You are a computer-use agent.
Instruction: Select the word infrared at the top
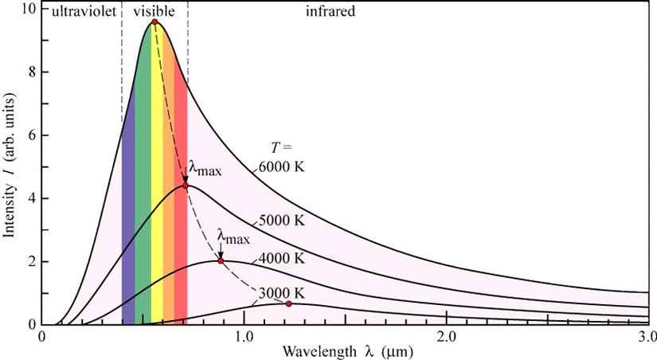pyautogui.click(x=330, y=12)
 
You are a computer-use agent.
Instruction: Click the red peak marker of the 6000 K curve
pyautogui.click(x=154, y=22)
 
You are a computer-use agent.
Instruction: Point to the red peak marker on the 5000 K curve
pyautogui.click(x=186, y=186)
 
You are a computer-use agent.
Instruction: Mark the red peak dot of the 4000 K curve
pyautogui.click(x=221, y=261)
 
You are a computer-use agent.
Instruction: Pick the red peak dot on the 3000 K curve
pyautogui.click(x=288, y=303)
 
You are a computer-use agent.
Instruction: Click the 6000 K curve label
pyautogui.click(x=282, y=168)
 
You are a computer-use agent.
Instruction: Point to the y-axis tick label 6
pyautogui.click(x=30, y=135)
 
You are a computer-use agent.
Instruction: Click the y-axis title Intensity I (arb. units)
pyautogui.click(x=10, y=172)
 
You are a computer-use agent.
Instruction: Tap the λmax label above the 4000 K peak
pyautogui.click(x=233, y=237)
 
